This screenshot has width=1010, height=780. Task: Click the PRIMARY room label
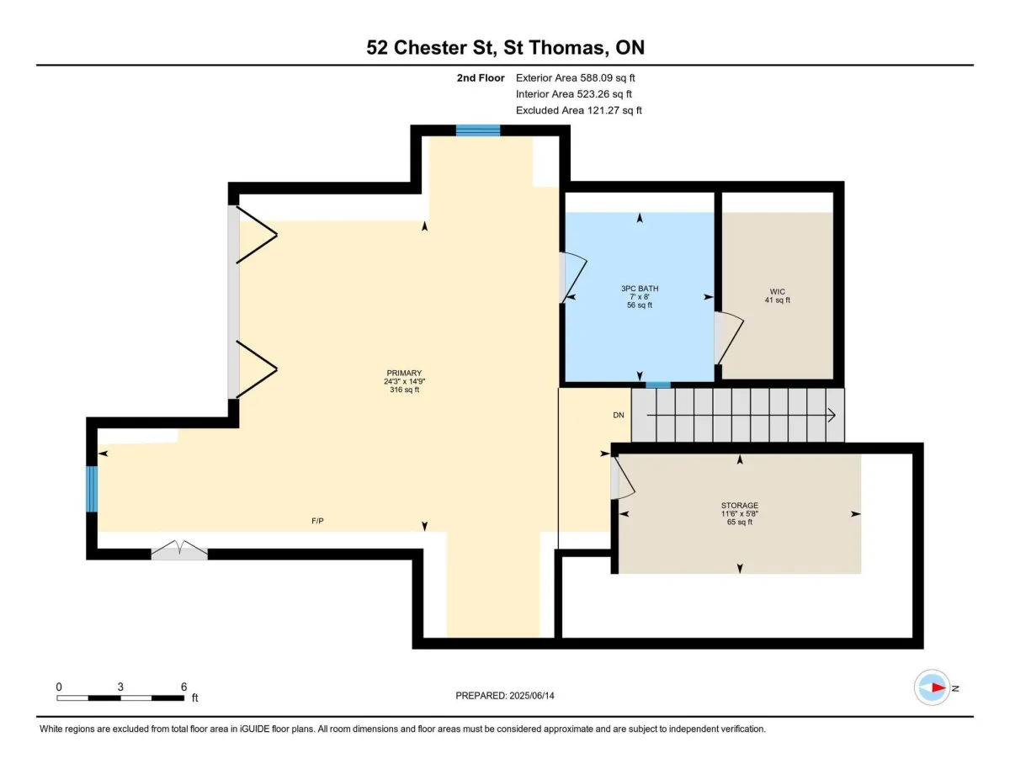click(404, 373)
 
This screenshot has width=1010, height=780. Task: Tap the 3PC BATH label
click(640, 289)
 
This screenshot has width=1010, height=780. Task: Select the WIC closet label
click(777, 292)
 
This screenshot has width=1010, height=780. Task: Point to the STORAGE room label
click(740, 506)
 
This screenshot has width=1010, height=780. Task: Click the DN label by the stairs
click(618, 416)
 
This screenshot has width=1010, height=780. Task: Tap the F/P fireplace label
click(317, 521)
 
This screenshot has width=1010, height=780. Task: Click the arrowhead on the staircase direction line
click(832, 416)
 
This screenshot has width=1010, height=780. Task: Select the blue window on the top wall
click(478, 130)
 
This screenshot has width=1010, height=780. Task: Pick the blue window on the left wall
click(92, 489)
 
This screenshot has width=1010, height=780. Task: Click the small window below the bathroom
click(658, 385)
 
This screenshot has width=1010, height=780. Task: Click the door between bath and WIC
click(728, 337)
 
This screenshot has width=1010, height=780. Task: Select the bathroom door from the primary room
click(572, 278)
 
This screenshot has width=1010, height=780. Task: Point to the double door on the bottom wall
click(179, 549)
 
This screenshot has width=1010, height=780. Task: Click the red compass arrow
click(938, 687)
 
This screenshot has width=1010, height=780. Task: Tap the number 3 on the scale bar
click(120, 687)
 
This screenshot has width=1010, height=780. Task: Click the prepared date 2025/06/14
click(532, 696)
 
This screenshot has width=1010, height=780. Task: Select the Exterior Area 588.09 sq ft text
click(575, 78)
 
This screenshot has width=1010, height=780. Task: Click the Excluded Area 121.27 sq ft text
click(579, 110)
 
